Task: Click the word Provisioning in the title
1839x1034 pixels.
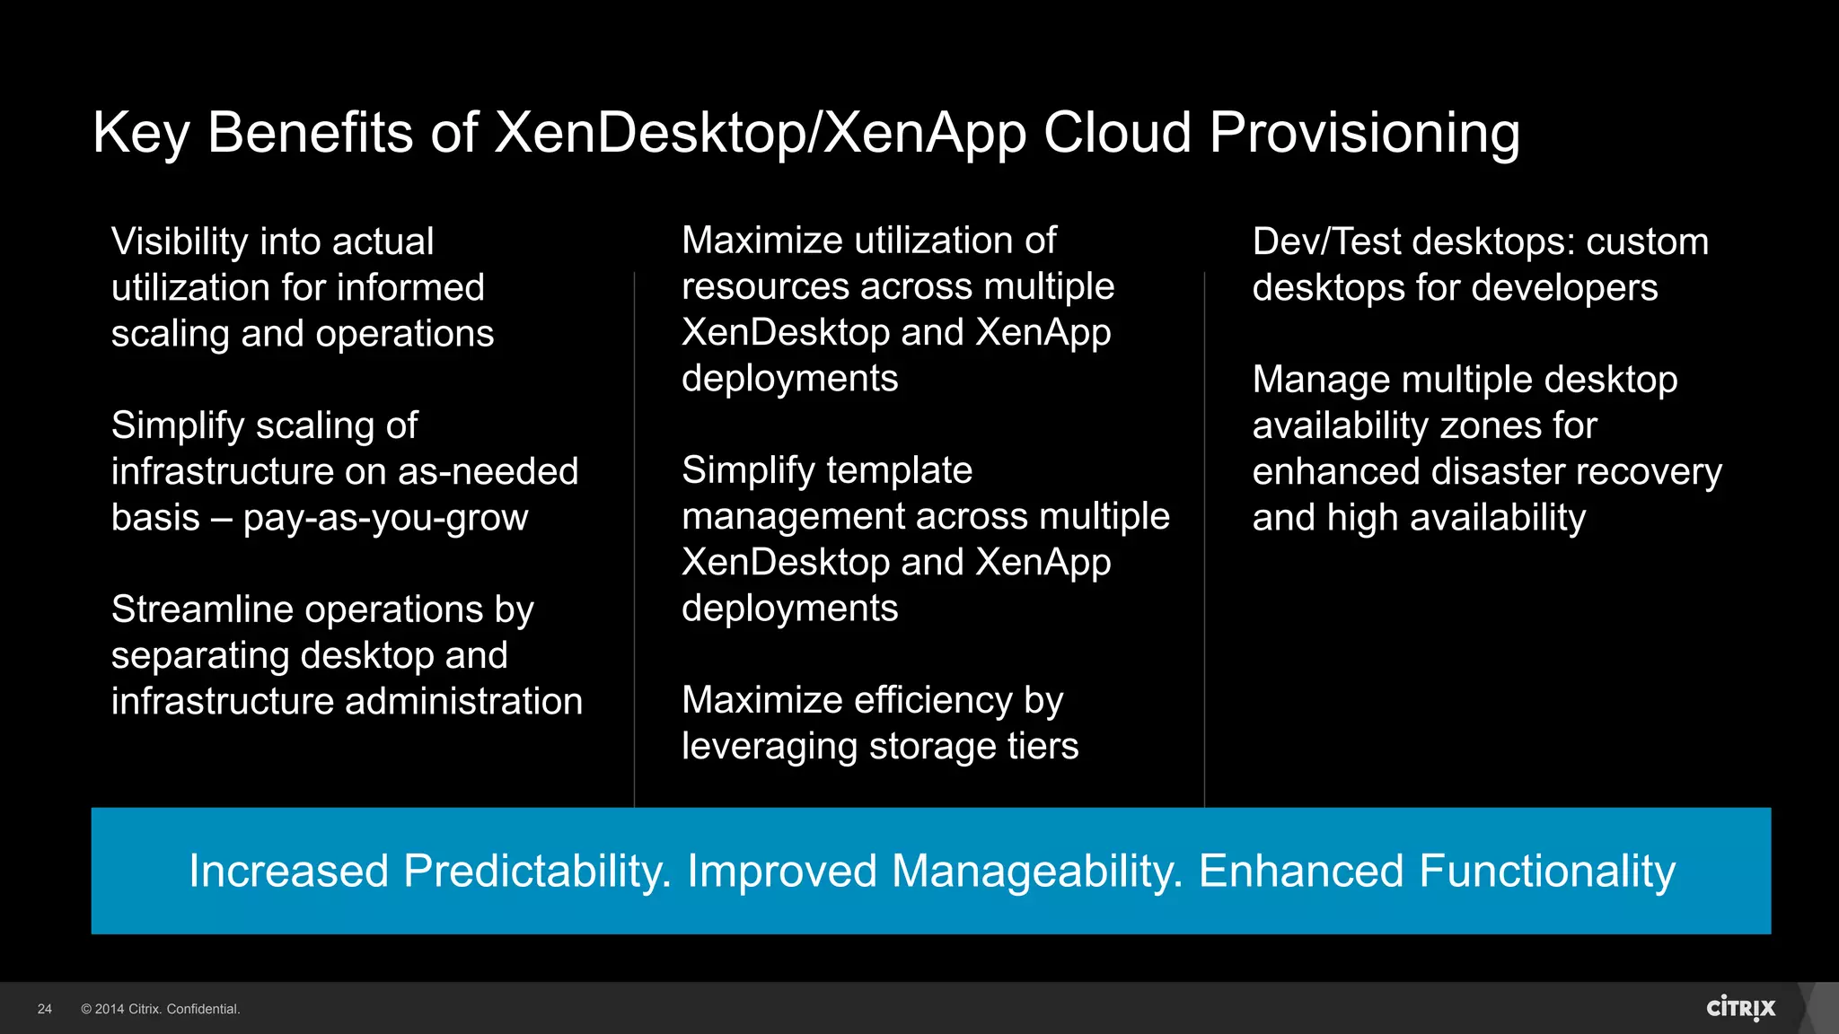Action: pyautogui.click(x=1364, y=134)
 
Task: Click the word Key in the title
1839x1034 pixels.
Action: pyautogui.click(x=141, y=134)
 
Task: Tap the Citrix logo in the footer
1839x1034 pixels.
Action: pyautogui.click(x=1740, y=1008)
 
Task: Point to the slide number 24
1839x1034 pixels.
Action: pyautogui.click(x=45, y=1009)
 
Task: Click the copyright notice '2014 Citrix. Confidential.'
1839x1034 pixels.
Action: pyautogui.click(x=161, y=1009)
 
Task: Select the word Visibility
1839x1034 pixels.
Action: pyautogui.click(x=180, y=242)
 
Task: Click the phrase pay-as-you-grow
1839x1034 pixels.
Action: pyautogui.click(x=385, y=518)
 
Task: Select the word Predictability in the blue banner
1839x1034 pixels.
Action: pyautogui.click(x=537, y=872)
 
